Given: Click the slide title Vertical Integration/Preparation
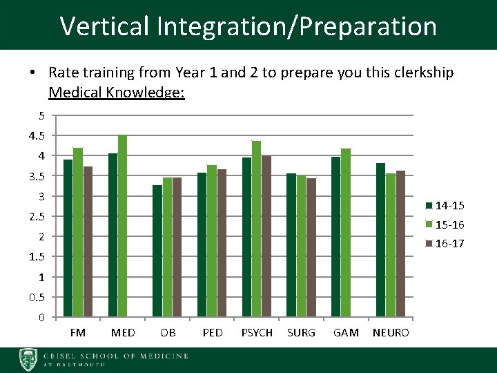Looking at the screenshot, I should [x=248, y=26].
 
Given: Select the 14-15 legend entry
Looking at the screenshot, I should [x=445, y=206].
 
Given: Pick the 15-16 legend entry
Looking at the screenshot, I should [x=445, y=224].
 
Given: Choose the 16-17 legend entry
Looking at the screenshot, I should [x=445, y=243].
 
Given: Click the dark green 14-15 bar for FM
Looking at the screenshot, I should [x=68, y=238].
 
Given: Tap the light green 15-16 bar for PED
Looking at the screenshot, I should [x=211, y=241].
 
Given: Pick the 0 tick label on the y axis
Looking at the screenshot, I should [x=41, y=318].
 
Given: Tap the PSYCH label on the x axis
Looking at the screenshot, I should [x=257, y=333].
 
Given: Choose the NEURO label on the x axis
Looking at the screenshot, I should [x=391, y=333].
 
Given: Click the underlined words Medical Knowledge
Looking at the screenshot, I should [x=117, y=92].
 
